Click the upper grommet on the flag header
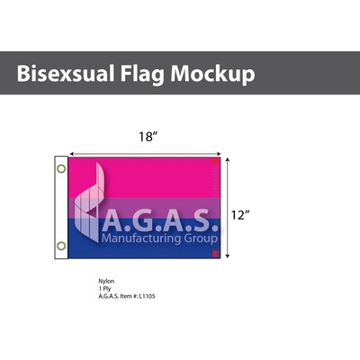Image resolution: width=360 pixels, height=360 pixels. [61, 168]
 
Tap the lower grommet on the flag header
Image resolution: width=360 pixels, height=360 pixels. [61, 245]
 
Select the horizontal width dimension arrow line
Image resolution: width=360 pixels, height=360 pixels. [144, 150]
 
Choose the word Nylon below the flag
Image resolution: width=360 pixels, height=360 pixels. [106, 280]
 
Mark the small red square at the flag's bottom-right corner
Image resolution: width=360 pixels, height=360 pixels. [216, 255]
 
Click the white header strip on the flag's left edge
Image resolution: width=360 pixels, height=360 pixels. [61, 207]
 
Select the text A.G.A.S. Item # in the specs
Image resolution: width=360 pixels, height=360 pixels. [117, 296]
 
